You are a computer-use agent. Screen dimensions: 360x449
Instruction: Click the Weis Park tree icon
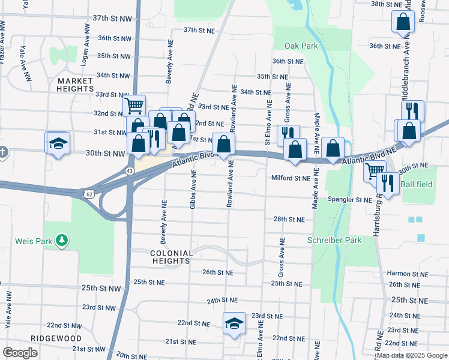pos(61,241)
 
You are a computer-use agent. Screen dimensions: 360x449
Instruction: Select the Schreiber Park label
pos(334,240)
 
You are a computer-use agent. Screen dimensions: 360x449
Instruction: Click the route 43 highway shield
pos(130,171)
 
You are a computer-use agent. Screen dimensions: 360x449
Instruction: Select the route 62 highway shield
pos(89,193)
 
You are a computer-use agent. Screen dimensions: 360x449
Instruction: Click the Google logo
pos(20,352)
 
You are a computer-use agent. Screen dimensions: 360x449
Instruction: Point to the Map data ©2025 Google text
pos(412,355)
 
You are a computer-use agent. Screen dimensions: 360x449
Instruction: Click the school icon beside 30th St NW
pos(58,143)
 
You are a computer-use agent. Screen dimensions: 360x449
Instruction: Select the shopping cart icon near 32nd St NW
pos(134,106)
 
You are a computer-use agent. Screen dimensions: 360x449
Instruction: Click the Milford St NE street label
pos(291,178)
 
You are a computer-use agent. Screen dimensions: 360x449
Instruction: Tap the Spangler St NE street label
pos(349,199)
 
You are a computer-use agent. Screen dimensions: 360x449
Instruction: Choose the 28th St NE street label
pos(290,220)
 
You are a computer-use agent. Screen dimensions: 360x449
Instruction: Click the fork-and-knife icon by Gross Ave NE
pos(288,134)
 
